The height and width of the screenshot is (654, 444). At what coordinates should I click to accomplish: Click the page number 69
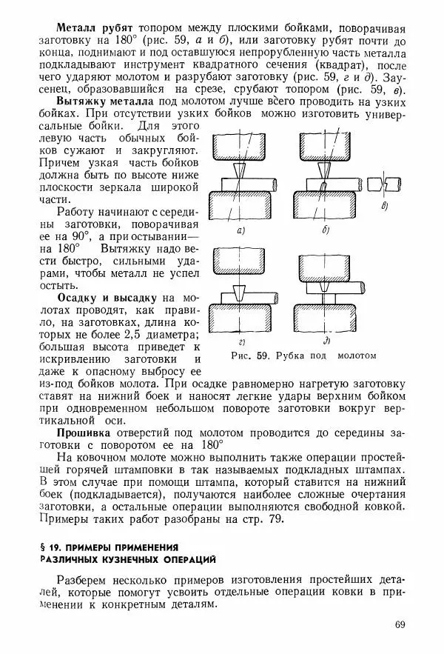(x=400, y=627)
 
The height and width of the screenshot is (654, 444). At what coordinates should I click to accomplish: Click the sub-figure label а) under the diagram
(x=240, y=232)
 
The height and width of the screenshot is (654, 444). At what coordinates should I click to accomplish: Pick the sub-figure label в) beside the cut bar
(x=384, y=207)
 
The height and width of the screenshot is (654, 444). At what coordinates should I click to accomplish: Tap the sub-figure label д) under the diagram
(x=326, y=342)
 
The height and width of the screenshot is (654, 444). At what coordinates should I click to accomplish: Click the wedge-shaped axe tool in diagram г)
(x=238, y=292)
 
